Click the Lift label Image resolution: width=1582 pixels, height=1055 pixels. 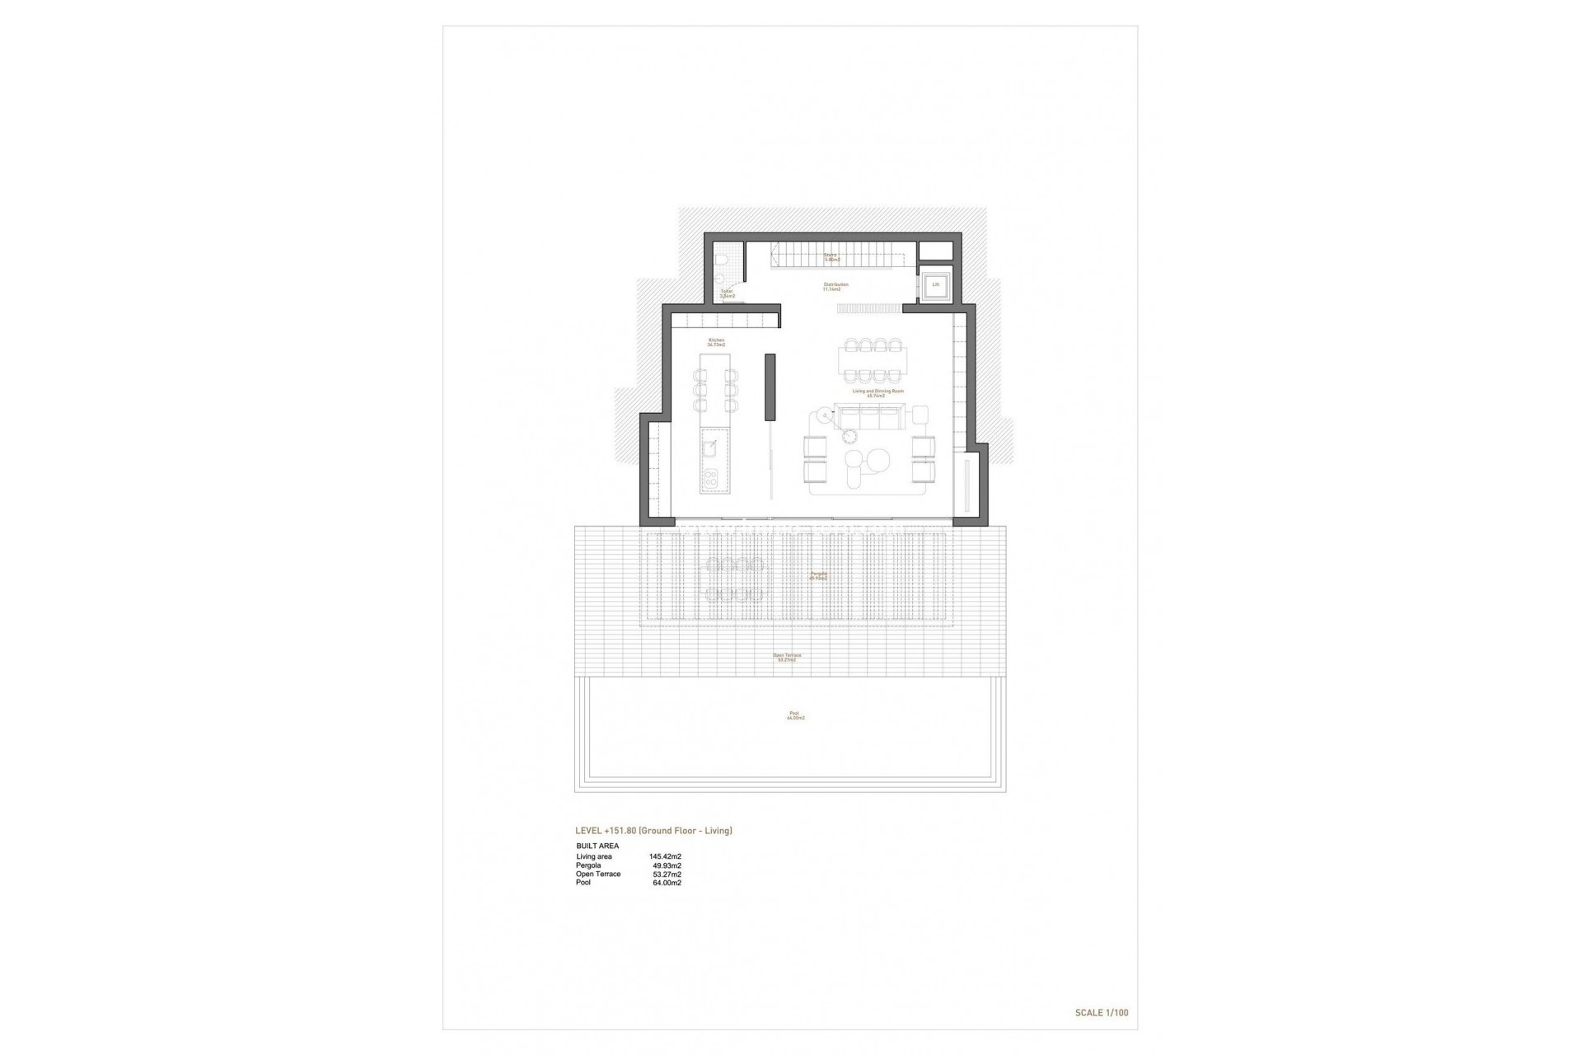point(935,285)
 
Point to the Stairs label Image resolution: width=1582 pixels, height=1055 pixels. point(830,255)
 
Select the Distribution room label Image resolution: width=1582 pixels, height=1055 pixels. point(835,285)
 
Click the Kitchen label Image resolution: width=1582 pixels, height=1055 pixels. point(716,340)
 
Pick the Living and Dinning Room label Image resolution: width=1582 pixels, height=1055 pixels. point(878,392)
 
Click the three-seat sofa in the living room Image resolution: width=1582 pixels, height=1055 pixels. point(869,417)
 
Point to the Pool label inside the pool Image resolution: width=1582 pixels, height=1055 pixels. point(794,714)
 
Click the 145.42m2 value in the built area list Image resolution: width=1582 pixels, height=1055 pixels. point(665,856)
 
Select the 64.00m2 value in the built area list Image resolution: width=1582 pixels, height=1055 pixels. point(667,883)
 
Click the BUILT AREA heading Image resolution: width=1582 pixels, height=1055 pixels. point(597,846)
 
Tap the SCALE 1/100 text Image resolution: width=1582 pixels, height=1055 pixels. point(1102,1012)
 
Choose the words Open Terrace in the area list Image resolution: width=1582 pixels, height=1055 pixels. point(598,874)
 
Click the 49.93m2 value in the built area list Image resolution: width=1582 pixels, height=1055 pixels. point(667,865)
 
